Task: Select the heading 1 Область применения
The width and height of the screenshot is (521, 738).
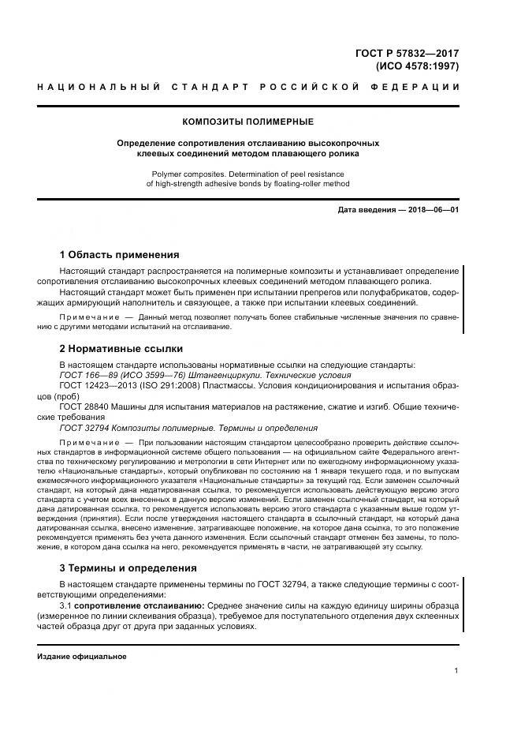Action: (x=120, y=255)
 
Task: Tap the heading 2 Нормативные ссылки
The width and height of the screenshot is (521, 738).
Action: (x=121, y=348)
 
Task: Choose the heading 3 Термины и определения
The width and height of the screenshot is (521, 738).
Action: (x=128, y=568)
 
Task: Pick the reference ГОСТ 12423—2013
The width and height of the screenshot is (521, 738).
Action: (x=99, y=387)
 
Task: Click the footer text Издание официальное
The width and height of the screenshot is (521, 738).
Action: (x=82, y=657)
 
